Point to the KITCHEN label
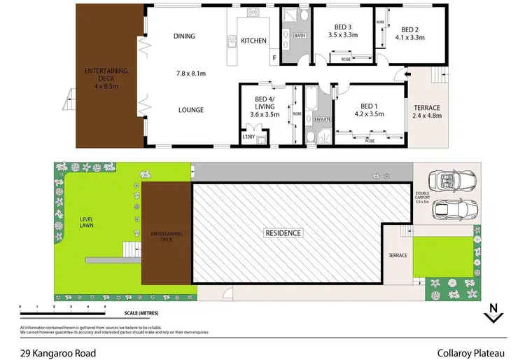click(x=253, y=41)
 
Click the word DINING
click(x=185, y=36)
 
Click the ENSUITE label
click(x=323, y=120)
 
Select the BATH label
click(x=300, y=35)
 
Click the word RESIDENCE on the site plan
click(x=283, y=233)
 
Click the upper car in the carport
click(x=455, y=181)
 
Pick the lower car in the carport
click(x=455, y=208)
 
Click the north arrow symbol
click(x=493, y=312)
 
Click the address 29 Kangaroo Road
click(x=58, y=345)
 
